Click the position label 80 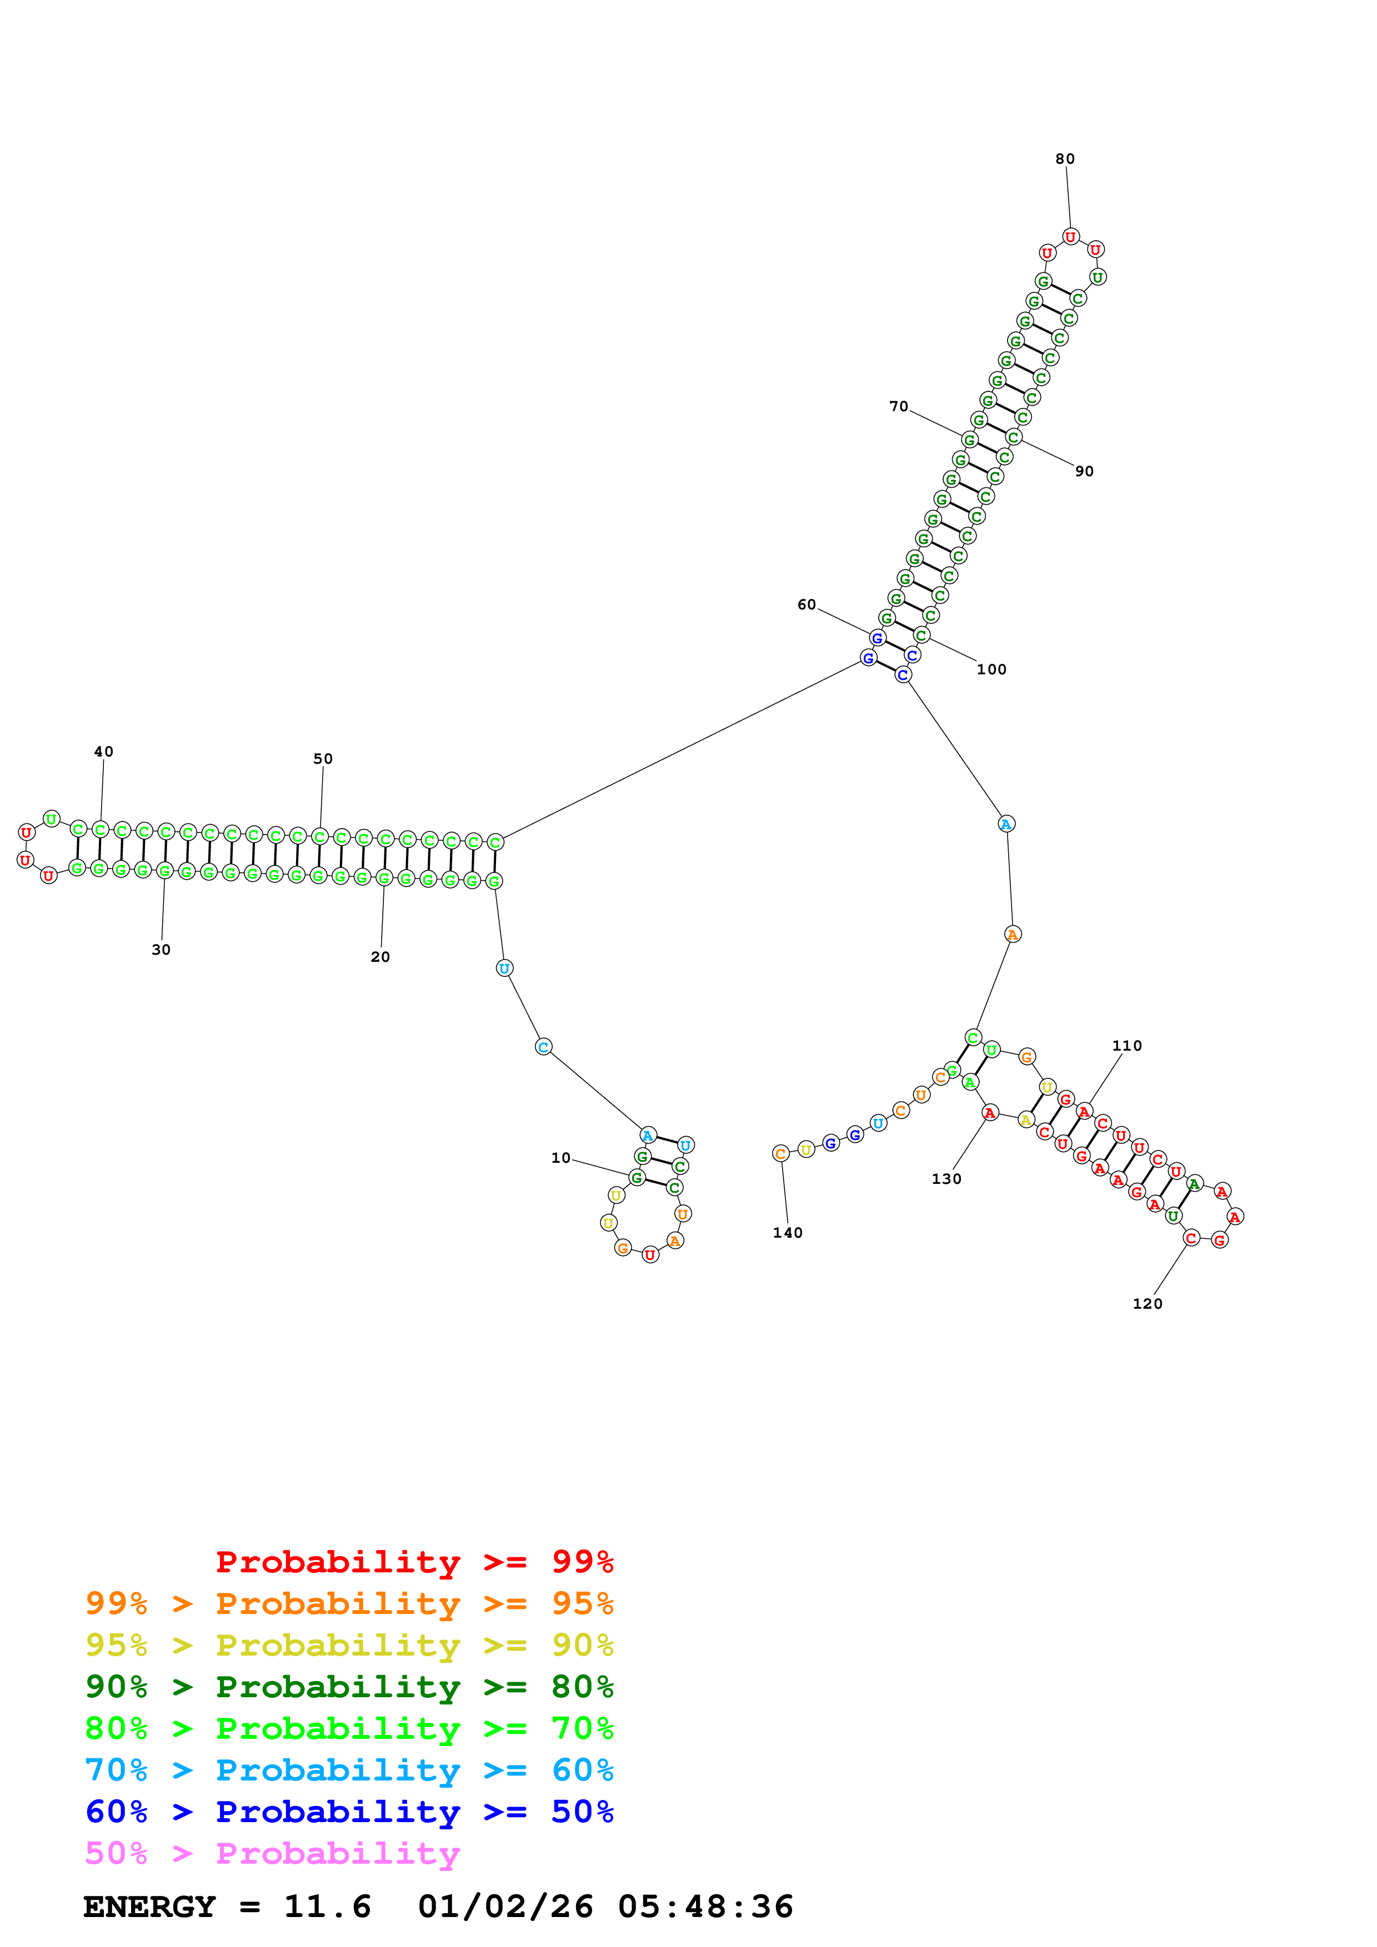click(x=1065, y=159)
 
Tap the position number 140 click(x=787, y=1232)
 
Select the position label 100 click(x=991, y=669)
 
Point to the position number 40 click(x=103, y=751)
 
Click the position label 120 click(x=1147, y=1303)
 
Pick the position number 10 click(x=561, y=1158)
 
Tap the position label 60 click(x=806, y=604)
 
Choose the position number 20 click(x=380, y=956)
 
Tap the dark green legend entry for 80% click(x=349, y=1687)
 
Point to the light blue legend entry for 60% click(x=349, y=1770)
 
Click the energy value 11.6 click(x=328, y=1906)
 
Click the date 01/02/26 click(x=505, y=1906)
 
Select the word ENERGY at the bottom click(x=149, y=1906)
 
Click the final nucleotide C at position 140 click(x=780, y=1153)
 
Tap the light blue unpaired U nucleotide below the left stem click(x=504, y=969)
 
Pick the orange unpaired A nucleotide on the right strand click(x=1012, y=935)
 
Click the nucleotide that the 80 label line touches click(x=1071, y=236)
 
